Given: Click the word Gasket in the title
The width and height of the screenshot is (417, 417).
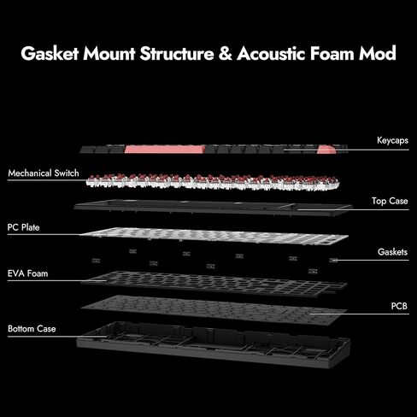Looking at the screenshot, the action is coord(50,53).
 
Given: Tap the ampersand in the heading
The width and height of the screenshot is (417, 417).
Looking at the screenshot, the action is coord(226,53).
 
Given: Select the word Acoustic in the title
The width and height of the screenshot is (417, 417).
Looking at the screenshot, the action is coord(271,53).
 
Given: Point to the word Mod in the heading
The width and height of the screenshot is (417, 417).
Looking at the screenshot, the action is coord(378,53).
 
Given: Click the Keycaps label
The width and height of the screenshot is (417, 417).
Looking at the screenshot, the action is coord(392,140).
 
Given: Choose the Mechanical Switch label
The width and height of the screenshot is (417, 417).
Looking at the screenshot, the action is coord(44,173).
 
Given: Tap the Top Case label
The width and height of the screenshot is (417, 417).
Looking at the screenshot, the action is coord(390,201).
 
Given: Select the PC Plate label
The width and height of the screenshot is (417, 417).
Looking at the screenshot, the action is coord(23,227).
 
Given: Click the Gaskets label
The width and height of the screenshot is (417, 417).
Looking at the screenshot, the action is coord(392,252).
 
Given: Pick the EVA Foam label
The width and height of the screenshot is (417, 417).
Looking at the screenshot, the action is coord(27,273).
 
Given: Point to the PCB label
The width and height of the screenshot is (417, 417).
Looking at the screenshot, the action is coord(399,306).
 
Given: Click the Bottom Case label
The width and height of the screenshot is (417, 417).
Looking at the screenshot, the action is coord(32,329).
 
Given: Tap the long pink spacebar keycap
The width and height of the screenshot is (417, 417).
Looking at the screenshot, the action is coord(165,149).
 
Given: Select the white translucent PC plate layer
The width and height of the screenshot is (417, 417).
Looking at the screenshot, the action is coord(214,236).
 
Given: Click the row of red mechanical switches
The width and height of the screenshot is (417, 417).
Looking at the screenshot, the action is coord(213,182).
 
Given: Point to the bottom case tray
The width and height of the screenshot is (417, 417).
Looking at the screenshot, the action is coord(213,344).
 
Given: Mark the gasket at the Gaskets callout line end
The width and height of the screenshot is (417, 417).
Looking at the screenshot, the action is coord(333,260).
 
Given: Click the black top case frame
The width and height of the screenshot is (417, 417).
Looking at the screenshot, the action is coord(213,208).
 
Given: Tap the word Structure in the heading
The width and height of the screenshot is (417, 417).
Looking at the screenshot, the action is coord(177,53).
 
